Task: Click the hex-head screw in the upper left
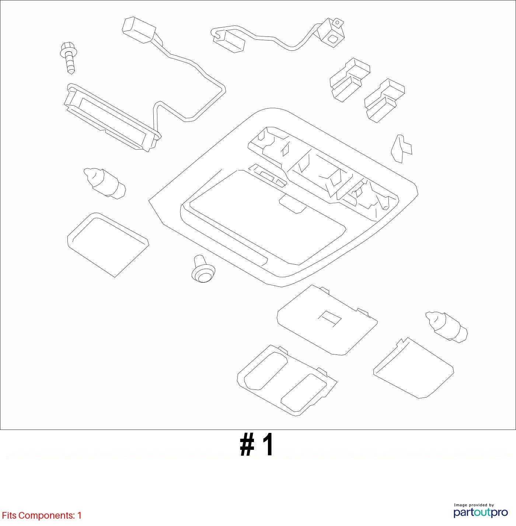tap(68, 57)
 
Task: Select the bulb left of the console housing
tap(104, 183)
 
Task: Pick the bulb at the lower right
tap(446, 327)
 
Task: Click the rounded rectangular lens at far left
tap(108, 245)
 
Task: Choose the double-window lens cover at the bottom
tap(287, 380)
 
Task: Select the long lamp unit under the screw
tap(112, 117)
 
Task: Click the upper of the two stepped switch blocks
tap(350, 80)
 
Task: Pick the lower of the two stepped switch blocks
tap(384, 100)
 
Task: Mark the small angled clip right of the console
tap(401, 148)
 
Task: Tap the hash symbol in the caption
tap(247, 445)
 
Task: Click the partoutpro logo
tap(481, 512)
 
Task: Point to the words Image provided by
tap(474, 505)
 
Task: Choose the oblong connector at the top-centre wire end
tap(229, 40)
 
